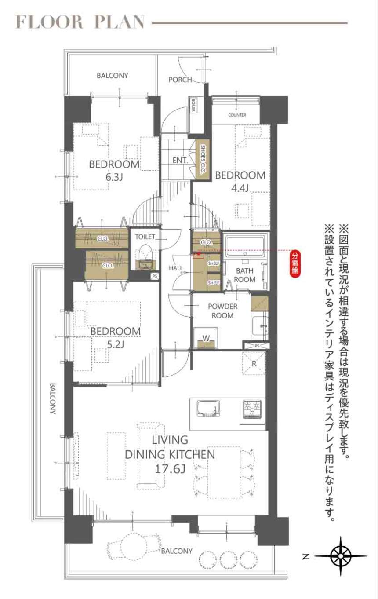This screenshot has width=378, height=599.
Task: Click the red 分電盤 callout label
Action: pos(295,263)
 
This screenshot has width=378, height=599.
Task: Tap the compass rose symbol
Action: pos(341,555)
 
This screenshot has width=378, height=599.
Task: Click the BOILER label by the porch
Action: pos(193,106)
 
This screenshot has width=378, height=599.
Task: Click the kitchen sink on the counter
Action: pos(208,409)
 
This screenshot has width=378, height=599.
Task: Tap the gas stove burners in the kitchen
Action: pos(252,409)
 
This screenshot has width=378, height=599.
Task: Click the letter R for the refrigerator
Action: pos(254,364)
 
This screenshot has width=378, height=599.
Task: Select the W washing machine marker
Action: pos(206,338)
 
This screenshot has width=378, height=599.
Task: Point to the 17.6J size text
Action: pos(170,469)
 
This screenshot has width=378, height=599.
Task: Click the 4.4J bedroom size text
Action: pos(240,189)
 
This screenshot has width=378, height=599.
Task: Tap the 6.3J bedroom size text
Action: pos(114,177)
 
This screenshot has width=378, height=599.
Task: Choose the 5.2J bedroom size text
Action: pos(115,345)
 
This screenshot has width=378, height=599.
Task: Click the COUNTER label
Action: pos(237,115)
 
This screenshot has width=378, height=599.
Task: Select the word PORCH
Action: pos(180,80)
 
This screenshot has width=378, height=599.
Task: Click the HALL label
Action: pos(176,268)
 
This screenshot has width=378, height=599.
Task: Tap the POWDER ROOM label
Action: pos(223,311)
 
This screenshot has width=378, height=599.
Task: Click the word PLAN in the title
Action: pos(119,22)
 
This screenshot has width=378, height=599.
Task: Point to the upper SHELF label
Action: pos(214,263)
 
